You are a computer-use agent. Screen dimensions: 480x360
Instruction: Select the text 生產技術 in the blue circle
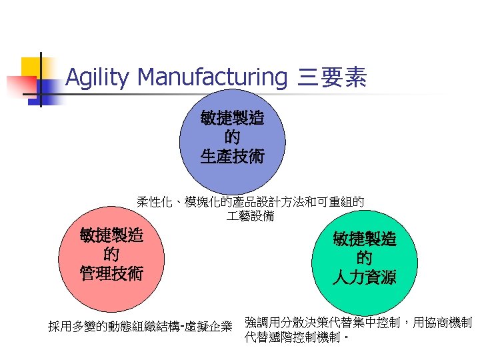tap(232, 157)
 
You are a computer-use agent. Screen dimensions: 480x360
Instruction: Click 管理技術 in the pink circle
tap(111, 273)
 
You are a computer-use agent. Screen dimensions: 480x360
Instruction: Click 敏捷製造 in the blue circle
tap(232, 119)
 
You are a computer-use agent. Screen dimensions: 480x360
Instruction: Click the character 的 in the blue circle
tap(232, 138)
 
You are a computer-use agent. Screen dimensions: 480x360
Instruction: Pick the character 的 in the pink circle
tap(111, 254)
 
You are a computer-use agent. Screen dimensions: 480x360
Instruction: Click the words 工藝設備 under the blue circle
tap(250, 217)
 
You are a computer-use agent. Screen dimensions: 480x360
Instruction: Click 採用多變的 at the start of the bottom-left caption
tap(75, 327)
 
